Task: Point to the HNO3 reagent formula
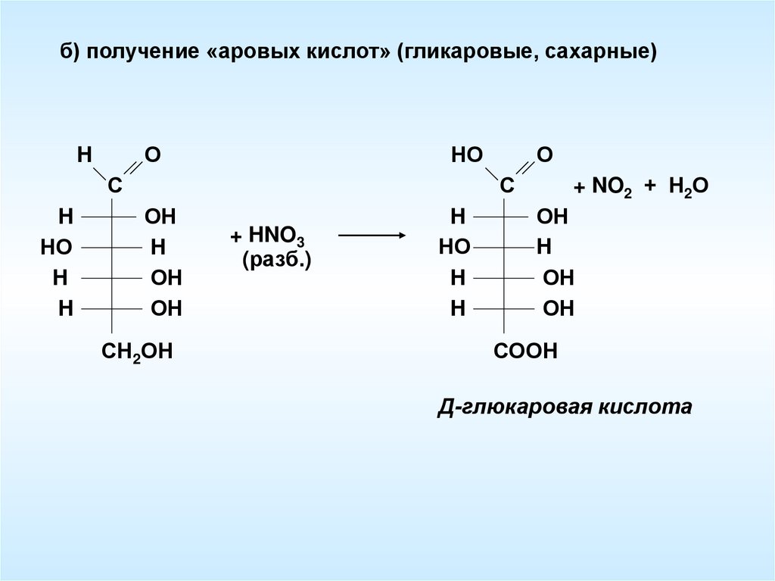276,236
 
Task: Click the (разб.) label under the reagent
277,260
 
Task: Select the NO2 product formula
612,187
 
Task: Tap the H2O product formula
688,187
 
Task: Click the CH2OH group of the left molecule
137,351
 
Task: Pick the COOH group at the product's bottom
526,351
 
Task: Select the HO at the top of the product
466,155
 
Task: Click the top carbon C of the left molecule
114,186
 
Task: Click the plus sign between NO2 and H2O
649,187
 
